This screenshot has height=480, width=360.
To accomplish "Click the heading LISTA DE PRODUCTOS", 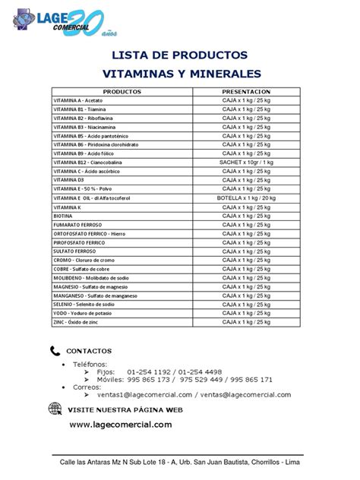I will click(179, 55).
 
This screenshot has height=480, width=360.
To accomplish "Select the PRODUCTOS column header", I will click(122, 91).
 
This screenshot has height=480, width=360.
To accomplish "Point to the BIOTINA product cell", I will click(64, 216).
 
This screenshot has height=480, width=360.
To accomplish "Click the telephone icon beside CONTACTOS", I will click(54, 351).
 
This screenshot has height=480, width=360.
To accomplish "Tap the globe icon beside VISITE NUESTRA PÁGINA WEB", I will click(54, 409).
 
